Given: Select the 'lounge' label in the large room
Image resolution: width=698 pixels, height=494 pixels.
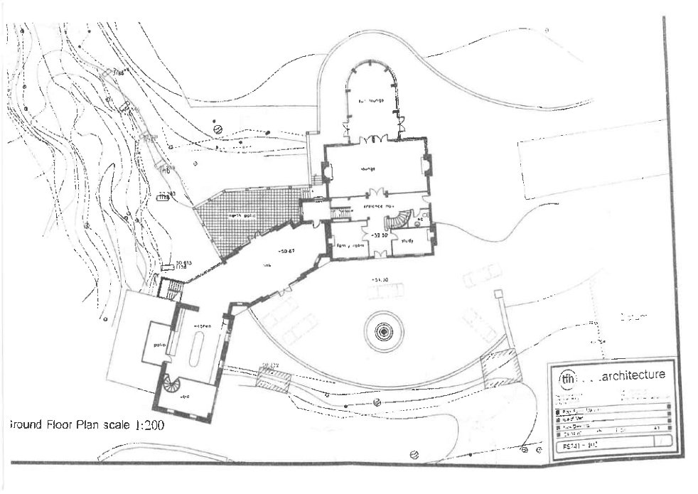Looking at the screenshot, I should pos(367,169).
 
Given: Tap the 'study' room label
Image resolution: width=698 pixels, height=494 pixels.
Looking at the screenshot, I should pos(408,242).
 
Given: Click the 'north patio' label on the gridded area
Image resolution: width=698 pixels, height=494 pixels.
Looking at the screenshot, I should pos(241,215).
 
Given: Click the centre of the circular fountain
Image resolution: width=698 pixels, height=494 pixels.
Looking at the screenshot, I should pos(383,331).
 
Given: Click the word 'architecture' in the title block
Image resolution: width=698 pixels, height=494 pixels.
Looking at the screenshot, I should pos(631,375).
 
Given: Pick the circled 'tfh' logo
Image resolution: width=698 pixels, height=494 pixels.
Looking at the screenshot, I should pos(567,377).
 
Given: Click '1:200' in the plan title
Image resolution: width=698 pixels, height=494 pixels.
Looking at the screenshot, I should pos(145,426).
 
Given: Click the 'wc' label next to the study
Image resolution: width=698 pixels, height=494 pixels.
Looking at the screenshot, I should pos(421,220).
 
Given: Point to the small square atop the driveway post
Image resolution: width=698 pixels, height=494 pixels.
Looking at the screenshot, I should pos(498,292).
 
